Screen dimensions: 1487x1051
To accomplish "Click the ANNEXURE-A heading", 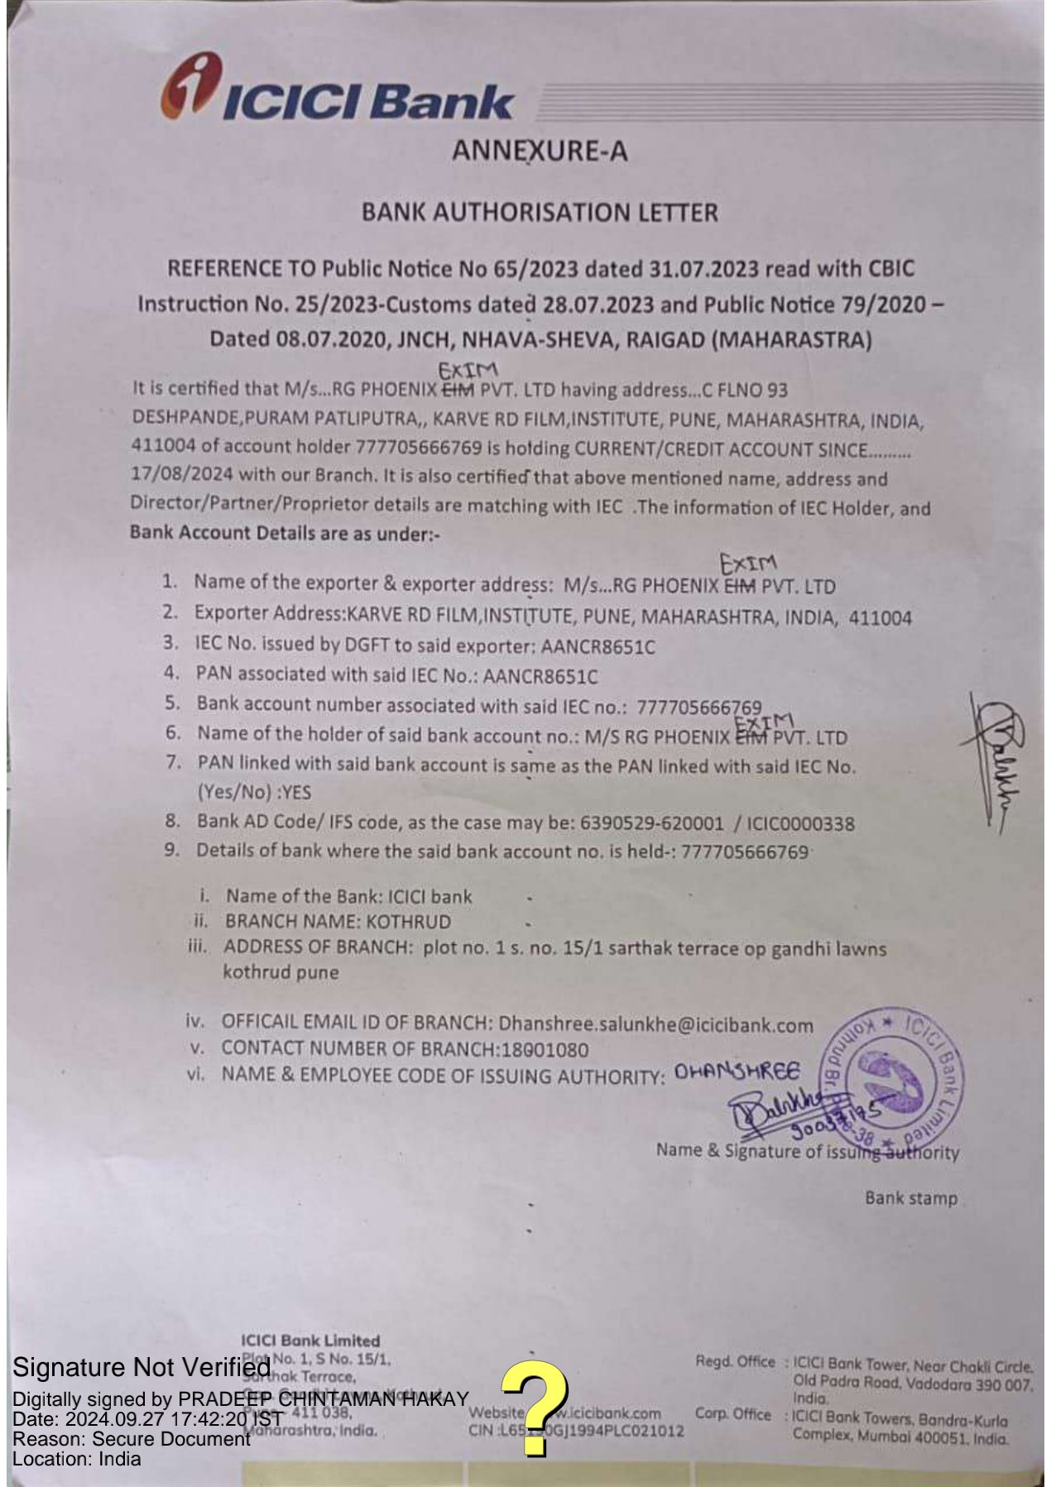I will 540,151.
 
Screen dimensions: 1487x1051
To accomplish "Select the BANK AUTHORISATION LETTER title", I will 540,213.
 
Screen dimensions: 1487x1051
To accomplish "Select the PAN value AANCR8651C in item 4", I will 540,676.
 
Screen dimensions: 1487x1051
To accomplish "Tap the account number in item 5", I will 699,708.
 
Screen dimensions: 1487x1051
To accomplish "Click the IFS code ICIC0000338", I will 800,823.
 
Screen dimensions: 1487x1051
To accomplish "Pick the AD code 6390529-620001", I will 652,823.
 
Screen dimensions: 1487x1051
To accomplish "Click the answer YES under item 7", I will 296,793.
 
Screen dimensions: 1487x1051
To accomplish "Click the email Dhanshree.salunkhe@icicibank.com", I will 655,1025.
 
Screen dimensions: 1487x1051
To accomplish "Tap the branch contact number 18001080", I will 545,1050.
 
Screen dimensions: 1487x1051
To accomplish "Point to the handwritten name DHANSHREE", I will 737,1072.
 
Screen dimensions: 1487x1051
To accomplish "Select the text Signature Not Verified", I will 141,1367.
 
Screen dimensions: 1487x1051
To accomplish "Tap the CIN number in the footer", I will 576,1431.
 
